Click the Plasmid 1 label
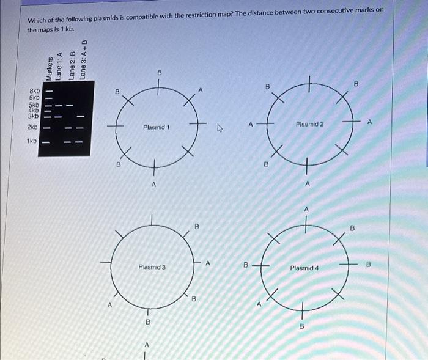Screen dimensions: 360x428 (x=157, y=127)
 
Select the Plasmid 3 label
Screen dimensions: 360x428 (x=152, y=267)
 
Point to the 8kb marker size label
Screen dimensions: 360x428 (x=34, y=90)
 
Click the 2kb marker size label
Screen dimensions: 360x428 (x=32, y=127)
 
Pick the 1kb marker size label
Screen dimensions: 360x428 (x=32, y=141)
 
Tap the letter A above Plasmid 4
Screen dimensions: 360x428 (x=306, y=210)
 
